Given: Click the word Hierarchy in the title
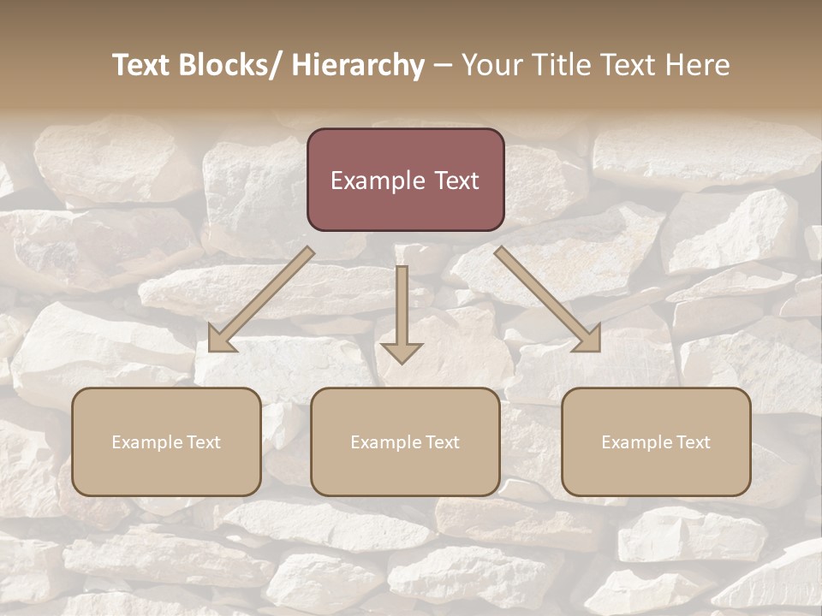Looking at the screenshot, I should click(357, 65).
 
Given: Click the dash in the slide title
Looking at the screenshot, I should click(443, 66).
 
